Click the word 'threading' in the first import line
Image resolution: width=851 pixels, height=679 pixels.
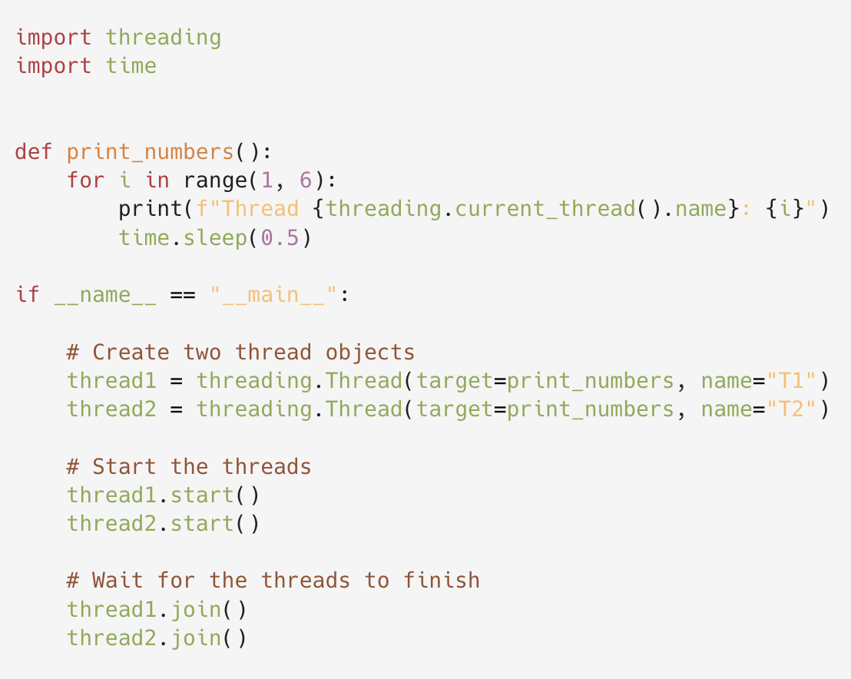tap(163, 38)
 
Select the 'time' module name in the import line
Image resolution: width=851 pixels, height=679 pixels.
tap(131, 66)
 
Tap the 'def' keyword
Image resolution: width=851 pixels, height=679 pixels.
tap(34, 151)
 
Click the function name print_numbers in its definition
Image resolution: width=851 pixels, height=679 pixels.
tap(150, 151)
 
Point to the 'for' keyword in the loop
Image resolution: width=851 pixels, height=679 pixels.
tap(85, 180)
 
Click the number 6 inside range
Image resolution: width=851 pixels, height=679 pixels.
tap(305, 180)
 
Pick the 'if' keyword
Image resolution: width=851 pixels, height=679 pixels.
tap(28, 294)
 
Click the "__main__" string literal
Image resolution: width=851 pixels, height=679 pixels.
tap(273, 294)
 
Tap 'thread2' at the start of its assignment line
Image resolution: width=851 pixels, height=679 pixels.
tap(111, 409)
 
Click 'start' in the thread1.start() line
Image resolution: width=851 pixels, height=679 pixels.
tap(201, 495)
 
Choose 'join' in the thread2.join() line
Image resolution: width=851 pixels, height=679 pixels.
tap(195, 638)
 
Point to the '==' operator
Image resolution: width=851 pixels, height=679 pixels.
tap(182, 294)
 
